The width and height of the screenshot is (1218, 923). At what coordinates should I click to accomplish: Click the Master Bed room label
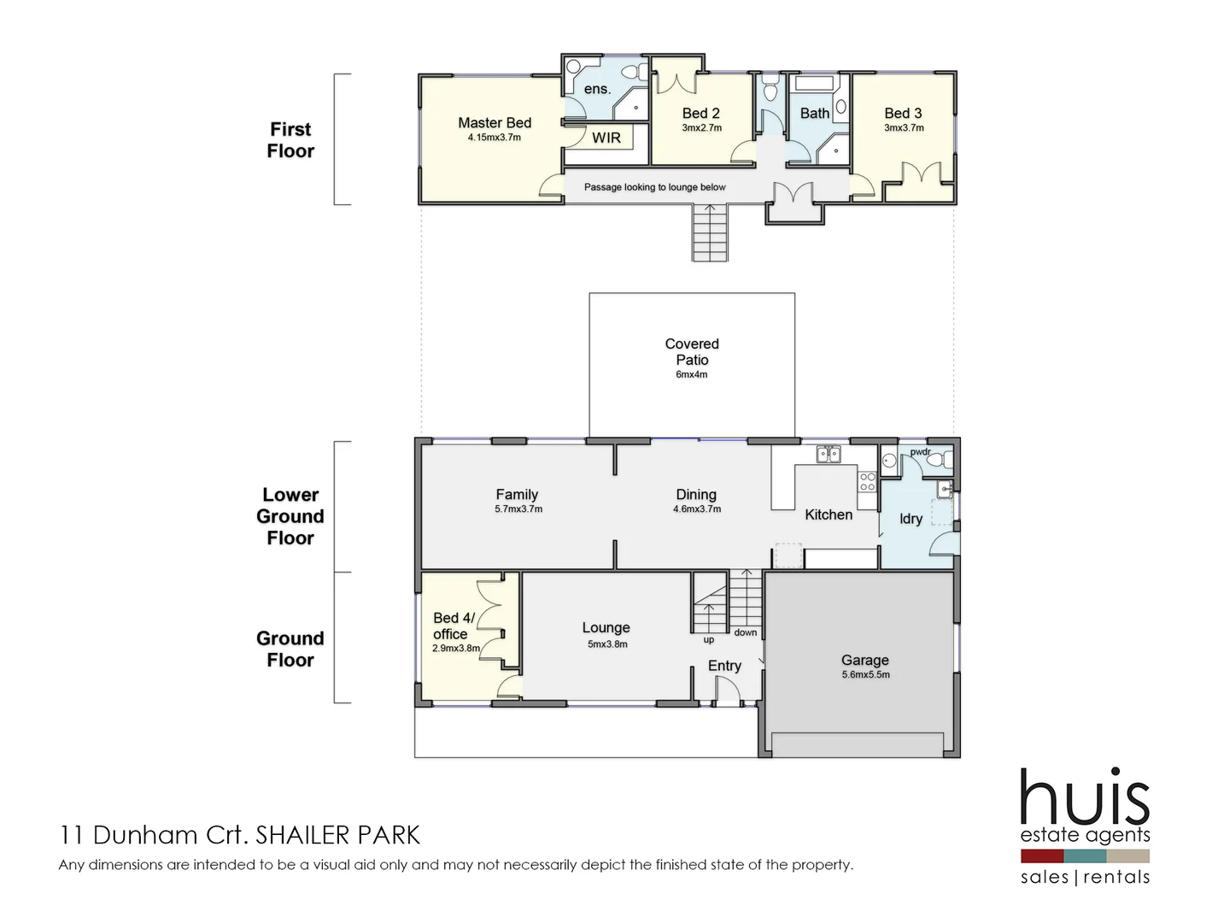(x=495, y=123)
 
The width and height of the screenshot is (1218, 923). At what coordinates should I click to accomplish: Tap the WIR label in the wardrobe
(x=606, y=138)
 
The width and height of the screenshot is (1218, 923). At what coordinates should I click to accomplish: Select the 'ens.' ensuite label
(x=597, y=89)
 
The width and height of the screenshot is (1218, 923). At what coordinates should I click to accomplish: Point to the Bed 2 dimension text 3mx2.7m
(x=701, y=128)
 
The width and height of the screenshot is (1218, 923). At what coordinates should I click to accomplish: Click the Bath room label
(x=814, y=113)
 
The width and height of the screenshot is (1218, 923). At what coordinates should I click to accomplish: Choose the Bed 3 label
(x=903, y=113)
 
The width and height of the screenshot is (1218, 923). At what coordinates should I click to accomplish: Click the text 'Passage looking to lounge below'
(x=654, y=187)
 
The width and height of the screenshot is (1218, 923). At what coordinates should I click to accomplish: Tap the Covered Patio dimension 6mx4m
(x=691, y=374)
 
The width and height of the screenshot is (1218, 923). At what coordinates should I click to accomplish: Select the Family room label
(x=517, y=494)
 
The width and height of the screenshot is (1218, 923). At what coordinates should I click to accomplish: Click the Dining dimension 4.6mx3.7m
(x=697, y=509)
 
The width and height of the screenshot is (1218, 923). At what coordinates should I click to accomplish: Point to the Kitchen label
(x=829, y=514)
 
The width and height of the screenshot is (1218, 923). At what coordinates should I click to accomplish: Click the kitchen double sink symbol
(x=828, y=454)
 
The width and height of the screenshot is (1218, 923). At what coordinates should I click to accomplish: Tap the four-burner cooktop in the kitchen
(x=867, y=481)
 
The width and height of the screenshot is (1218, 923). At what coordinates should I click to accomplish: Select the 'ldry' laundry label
(x=911, y=519)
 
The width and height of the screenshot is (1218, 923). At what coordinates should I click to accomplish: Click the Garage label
(x=864, y=660)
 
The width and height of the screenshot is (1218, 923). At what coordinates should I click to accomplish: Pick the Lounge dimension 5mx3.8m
(x=607, y=644)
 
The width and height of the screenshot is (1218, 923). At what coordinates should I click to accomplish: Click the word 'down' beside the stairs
(x=745, y=632)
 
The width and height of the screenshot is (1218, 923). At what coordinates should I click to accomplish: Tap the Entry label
(x=724, y=666)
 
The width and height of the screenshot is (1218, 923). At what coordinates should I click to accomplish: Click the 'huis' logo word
(x=1085, y=798)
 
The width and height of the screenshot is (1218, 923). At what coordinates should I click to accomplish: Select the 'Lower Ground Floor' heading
(x=290, y=516)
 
